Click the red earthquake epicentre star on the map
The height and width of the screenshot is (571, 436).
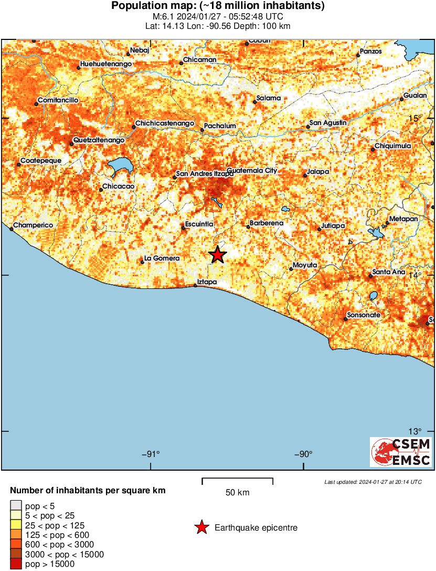(217, 255)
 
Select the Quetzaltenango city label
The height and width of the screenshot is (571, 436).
(99, 140)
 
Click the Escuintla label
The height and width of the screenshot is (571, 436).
(199, 224)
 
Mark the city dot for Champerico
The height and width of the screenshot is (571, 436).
(12, 229)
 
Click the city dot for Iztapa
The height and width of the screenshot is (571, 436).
(195, 285)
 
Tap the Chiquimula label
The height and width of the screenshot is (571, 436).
(393, 146)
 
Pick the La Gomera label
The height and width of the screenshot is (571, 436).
(162, 258)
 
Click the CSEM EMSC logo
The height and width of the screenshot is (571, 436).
(401, 452)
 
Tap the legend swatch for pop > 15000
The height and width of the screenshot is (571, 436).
(16, 564)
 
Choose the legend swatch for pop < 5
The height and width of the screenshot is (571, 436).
(16, 506)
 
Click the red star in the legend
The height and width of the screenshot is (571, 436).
(201, 527)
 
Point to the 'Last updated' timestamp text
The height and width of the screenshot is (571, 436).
(373, 482)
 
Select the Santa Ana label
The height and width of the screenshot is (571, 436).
(389, 272)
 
